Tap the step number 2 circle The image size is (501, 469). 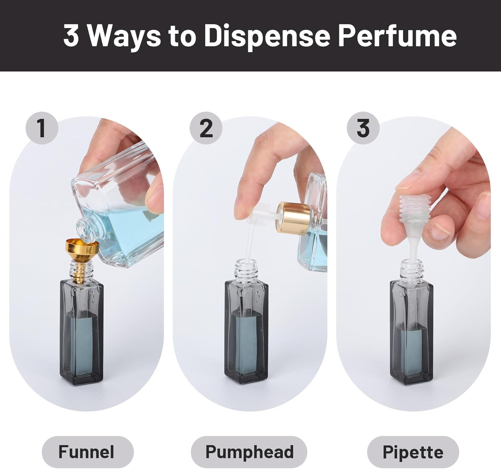pyautogui.click(x=206, y=128)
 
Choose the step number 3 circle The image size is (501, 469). pyautogui.click(x=363, y=128)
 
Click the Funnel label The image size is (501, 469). pyautogui.click(x=87, y=452)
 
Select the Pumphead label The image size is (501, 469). pyautogui.click(x=249, y=452)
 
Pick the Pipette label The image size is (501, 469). pyautogui.click(x=413, y=452)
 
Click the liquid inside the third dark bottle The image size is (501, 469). pyautogui.click(x=411, y=347)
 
